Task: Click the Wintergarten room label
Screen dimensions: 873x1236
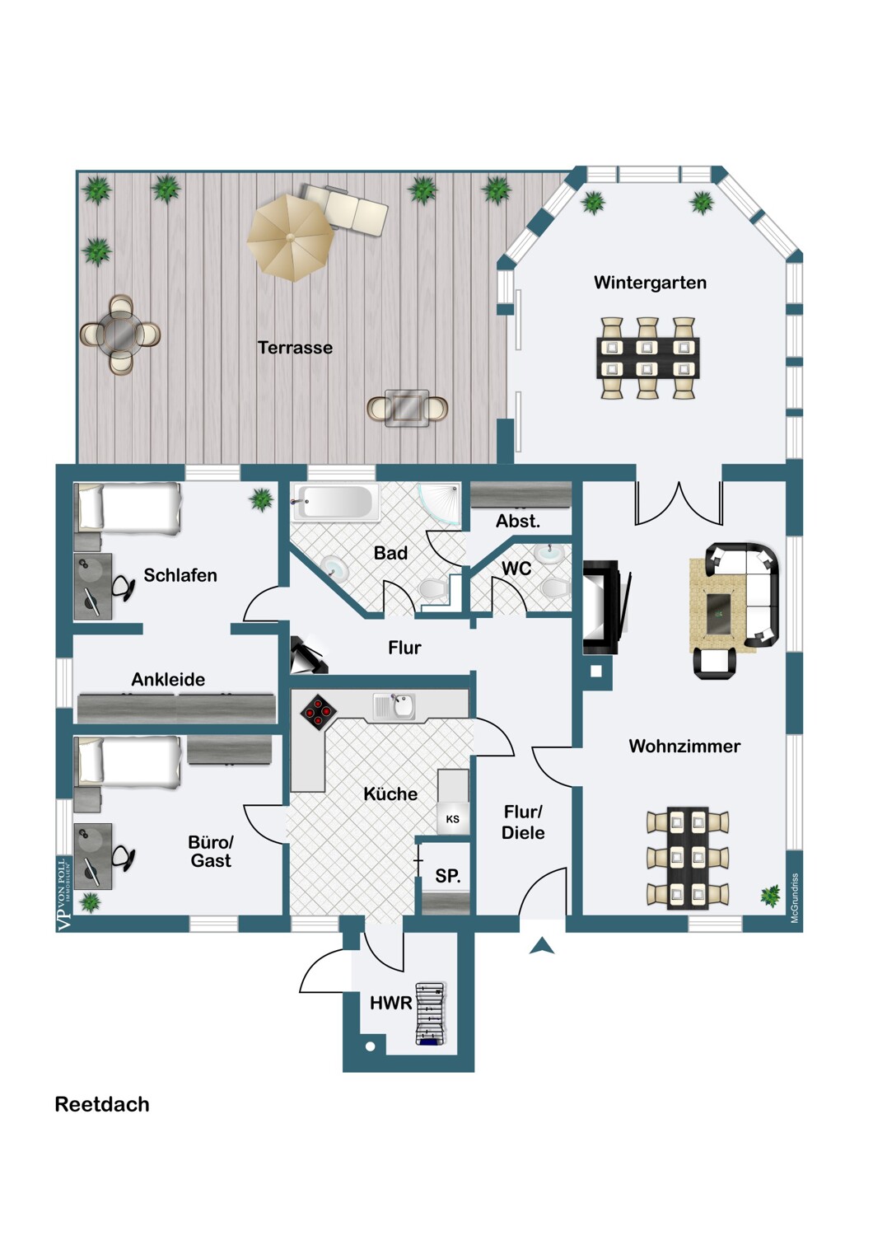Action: [650, 283]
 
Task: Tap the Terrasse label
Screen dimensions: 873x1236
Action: [295, 348]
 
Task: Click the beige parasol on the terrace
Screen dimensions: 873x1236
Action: [291, 238]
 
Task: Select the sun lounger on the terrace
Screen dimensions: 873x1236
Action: [344, 209]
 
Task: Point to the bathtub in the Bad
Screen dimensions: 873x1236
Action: [335, 502]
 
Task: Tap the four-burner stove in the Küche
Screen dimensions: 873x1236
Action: [318, 713]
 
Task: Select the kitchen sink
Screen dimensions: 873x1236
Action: [394, 706]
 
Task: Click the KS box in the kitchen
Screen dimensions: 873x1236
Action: [453, 819]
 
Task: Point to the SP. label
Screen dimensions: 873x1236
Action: [448, 876]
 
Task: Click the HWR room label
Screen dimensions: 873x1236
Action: [391, 1003]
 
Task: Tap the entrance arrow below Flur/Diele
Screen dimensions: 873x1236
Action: [542, 946]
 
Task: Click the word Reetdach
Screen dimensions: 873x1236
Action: [102, 1105]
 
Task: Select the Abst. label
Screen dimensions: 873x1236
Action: [517, 521]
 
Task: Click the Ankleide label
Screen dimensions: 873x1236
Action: [168, 679]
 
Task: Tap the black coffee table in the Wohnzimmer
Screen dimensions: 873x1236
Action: [720, 614]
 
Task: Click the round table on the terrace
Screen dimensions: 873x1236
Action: [120, 335]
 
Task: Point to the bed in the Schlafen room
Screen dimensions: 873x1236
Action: [128, 508]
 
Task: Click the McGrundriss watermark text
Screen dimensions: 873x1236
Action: [794, 898]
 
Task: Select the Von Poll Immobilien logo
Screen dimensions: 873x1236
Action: [65, 895]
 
